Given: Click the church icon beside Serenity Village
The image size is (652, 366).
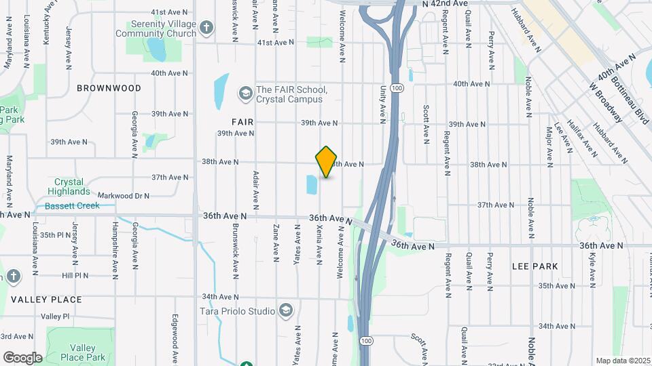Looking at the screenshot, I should click(x=206, y=28).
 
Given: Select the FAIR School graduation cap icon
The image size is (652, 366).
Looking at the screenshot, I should click(x=245, y=92).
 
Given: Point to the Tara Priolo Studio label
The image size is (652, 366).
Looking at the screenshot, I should click(x=237, y=311).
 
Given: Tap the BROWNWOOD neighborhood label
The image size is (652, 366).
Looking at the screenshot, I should click(x=109, y=88).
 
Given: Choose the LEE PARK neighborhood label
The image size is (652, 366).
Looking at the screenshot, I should click(x=535, y=266).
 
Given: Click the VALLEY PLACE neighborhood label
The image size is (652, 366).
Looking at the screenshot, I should click(x=46, y=300).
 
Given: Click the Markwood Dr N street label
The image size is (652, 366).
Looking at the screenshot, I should click(x=123, y=196).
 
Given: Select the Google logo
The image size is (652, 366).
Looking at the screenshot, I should click(x=22, y=358).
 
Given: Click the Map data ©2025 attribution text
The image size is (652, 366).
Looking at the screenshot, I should click(x=622, y=361).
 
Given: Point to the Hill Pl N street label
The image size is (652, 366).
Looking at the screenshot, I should click(x=75, y=276).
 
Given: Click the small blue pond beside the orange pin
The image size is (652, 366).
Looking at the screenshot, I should click(x=312, y=184).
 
